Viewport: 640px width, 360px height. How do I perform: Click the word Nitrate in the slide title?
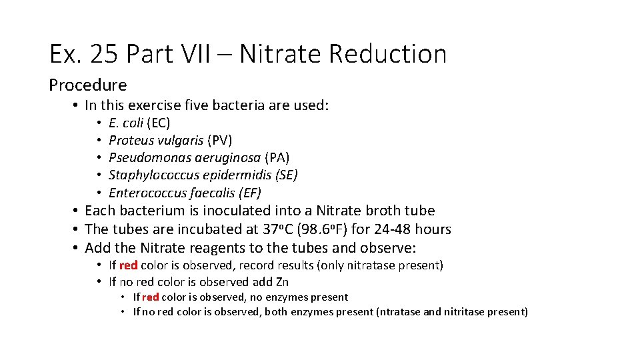click(x=279, y=54)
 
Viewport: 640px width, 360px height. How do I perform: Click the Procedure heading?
click(x=87, y=85)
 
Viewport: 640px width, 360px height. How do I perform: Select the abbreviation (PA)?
click(x=277, y=158)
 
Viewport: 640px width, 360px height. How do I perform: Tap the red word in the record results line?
click(x=128, y=266)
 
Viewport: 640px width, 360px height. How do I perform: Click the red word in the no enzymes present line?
click(x=149, y=298)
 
